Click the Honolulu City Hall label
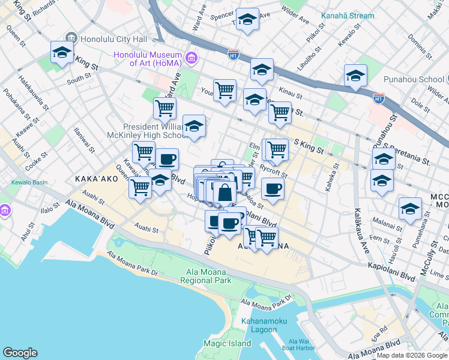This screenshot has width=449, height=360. click(x=113, y=39)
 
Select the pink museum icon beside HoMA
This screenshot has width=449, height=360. click(x=191, y=58)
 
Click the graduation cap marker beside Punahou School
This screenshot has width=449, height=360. click(x=355, y=76)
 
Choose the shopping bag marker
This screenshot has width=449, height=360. click(x=224, y=193)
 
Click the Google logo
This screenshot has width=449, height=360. click(x=20, y=353)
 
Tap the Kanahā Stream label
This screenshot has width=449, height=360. click(x=347, y=16)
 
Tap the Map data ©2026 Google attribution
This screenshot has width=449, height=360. click(x=412, y=355)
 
